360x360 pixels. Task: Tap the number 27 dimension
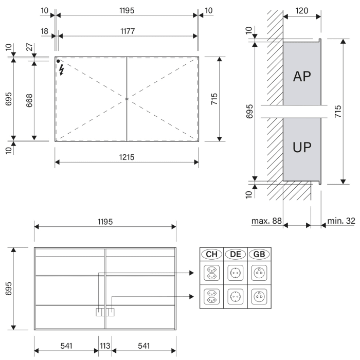[x=29, y=48]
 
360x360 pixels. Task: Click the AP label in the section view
[x=302, y=76]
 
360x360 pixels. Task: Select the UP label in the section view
[x=302, y=148]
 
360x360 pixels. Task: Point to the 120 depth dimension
[x=302, y=10]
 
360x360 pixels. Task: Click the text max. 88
[x=266, y=221]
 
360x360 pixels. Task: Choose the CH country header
[x=211, y=254]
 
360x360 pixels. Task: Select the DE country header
[x=235, y=254]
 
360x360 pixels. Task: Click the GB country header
[x=259, y=254]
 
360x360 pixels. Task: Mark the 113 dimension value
[x=105, y=346]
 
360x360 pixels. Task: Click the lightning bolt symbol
[x=62, y=69]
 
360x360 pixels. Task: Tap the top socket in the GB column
[x=259, y=272]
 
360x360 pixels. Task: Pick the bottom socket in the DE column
[x=235, y=296]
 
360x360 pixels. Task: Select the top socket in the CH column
[x=211, y=272]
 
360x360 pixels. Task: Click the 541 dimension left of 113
[x=66, y=346]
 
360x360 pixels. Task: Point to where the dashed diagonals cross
[x=127, y=98]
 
